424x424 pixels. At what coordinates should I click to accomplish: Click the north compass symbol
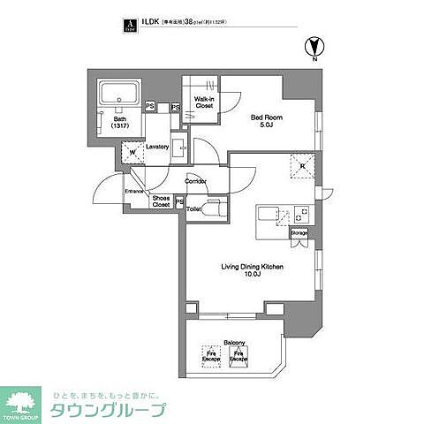(x=313, y=46)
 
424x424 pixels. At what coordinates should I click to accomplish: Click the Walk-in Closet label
(x=204, y=102)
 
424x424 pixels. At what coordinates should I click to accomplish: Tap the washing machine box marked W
(x=132, y=151)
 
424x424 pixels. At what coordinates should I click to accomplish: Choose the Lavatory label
(x=157, y=147)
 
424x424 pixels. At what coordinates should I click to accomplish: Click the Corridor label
(x=195, y=181)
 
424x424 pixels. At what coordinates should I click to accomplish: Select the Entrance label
(x=134, y=191)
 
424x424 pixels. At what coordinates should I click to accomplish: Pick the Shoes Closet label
(x=160, y=201)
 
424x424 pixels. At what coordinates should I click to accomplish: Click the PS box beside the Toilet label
(x=179, y=202)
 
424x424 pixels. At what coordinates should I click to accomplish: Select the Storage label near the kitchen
(x=300, y=232)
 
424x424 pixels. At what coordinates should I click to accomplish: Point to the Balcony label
(x=234, y=342)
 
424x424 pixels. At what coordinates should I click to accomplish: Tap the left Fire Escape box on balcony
(x=210, y=355)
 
